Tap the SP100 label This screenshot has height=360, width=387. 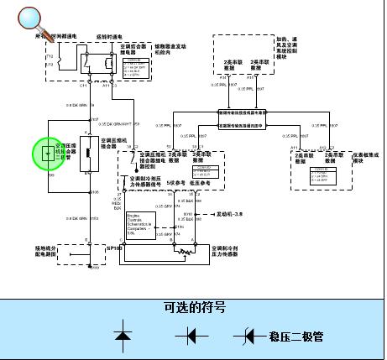(x=114, y=249)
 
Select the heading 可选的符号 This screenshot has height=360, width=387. (x=194, y=308)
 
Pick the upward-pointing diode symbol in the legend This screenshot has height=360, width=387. (x=123, y=337)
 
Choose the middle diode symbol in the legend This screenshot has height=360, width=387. (x=192, y=337)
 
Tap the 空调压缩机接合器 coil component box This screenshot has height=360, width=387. (x=83, y=159)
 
